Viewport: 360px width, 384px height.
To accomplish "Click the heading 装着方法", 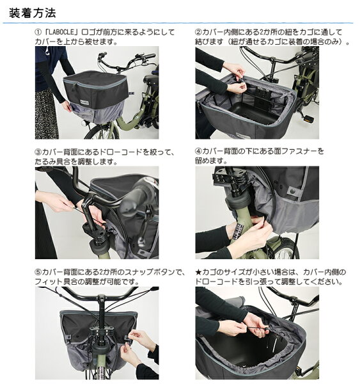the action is coord(33,13).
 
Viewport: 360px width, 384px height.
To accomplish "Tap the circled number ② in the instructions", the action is coord(198,32).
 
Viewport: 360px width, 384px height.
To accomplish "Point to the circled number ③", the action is coord(38,152).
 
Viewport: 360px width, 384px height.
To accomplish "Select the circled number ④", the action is coord(198,151).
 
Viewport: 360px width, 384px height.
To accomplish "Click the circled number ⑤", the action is coord(38,272).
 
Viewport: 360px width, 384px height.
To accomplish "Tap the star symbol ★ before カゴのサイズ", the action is coord(198,272).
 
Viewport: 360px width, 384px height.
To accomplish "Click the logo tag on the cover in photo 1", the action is coord(84,101).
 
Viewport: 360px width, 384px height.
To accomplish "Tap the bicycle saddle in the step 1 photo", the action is coord(151,79).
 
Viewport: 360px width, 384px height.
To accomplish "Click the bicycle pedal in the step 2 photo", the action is coord(309,119).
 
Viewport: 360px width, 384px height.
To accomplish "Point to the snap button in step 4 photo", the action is coord(292,190).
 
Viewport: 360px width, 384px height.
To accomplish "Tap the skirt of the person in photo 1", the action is coord(46,115).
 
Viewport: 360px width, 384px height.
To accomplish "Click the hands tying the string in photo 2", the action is coord(235,78).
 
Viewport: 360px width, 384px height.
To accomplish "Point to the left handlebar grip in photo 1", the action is coord(103,54).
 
